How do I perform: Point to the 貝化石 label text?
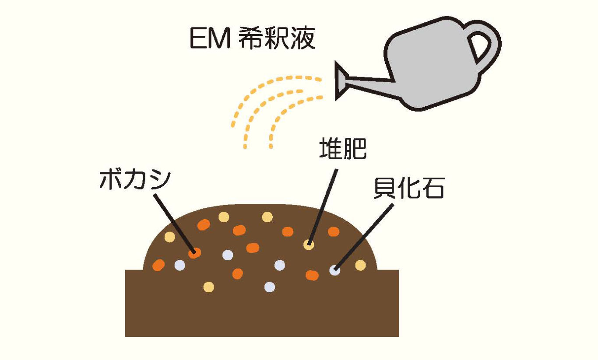(408, 189)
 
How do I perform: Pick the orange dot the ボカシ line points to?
(194, 252)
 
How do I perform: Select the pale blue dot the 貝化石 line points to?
(335, 270)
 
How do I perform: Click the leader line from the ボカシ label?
(172, 223)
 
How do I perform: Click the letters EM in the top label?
(208, 39)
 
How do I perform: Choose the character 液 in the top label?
(302, 39)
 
